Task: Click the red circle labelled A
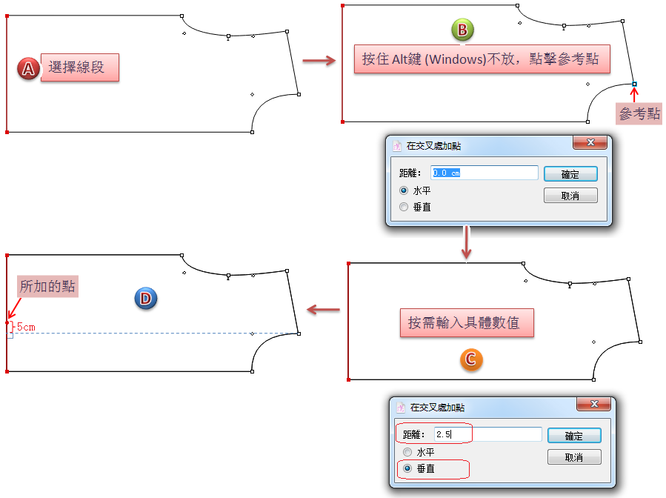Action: pyautogui.click(x=28, y=70)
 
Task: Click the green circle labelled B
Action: pyautogui.click(x=462, y=30)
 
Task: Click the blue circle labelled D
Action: pyautogui.click(x=145, y=299)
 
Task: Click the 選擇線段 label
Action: pyautogui.click(x=79, y=69)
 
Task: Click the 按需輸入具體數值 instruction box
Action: pyautogui.click(x=466, y=323)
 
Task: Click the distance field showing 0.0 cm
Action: pyautogui.click(x=485, y=173)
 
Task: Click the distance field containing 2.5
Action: pyautogui.click(x=488, y=434)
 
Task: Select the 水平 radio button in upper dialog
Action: pyautogui.click(x=404, y=190)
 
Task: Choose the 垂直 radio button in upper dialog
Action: pyautogui.click(x=404, y=207)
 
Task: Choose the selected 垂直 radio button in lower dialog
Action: pyautogui.click(x=407, y=468)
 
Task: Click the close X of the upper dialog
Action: pyautogui.click(x=590, y=142)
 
